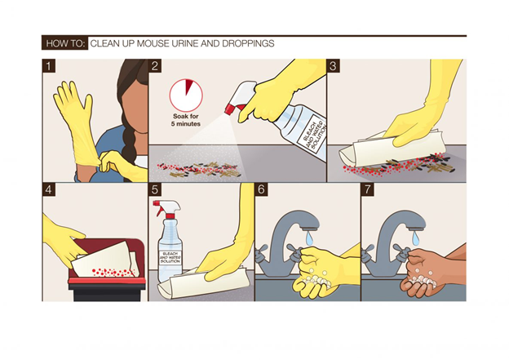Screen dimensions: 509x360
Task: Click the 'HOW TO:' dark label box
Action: coord(65,43)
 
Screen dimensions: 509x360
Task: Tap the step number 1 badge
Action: coord(49,65)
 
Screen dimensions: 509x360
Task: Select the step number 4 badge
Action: coord(49,189)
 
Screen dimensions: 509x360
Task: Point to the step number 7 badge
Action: coord(367,189)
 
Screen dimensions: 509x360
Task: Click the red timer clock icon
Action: coord(186,96)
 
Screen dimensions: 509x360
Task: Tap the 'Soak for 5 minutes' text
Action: coord(186,120)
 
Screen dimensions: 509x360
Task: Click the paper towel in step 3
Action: coord(393,150)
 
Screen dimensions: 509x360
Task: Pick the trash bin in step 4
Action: coord(107,269)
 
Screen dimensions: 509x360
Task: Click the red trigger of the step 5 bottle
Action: coord(160,209)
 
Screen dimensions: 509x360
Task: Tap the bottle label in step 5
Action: coord(170,258)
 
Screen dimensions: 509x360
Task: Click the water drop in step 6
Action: coord(309,239)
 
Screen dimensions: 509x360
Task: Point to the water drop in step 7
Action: coord(415,239)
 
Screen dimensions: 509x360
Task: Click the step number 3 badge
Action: coord(333,65)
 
